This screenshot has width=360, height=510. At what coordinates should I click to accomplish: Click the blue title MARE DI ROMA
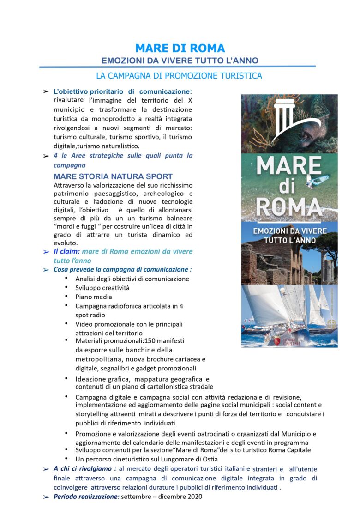coord(180,48)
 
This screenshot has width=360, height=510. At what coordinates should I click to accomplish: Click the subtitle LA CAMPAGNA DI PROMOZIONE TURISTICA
coord(179,75)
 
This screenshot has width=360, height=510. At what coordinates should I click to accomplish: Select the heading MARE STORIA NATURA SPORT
coord(113,176)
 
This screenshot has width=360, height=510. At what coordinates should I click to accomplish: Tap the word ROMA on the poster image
coord(289,207)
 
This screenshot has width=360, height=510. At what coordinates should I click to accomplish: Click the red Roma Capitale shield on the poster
coord(277,341)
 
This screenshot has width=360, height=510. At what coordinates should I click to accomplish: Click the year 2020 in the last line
coord(194,497)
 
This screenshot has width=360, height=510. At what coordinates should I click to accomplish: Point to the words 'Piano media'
coord(94,297)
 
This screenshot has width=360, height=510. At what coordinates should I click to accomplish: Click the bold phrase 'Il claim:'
coord(67,251)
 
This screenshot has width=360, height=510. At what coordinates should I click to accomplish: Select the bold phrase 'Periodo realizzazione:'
coord(86,497)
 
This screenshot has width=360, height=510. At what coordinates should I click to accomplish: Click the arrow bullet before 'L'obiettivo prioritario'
coord(46,91)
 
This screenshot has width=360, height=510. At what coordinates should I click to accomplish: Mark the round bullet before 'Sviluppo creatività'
coord(67,287)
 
